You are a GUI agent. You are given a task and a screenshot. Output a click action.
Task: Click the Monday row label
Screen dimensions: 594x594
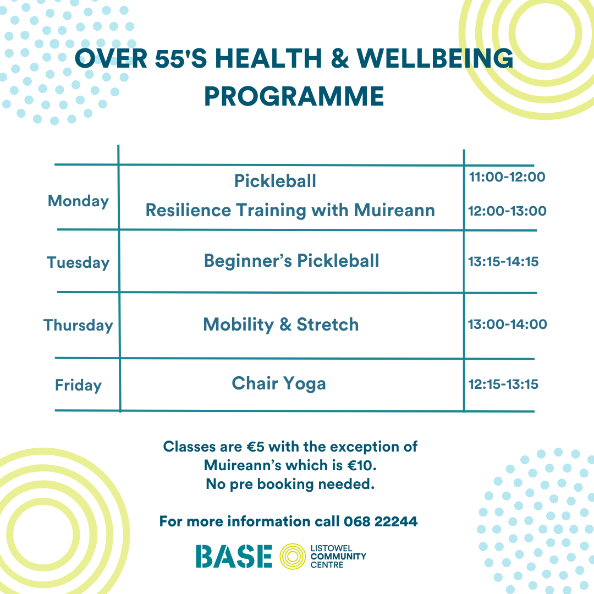coord(79,201)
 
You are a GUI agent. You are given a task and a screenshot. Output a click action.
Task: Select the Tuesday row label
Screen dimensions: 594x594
coord(78,262)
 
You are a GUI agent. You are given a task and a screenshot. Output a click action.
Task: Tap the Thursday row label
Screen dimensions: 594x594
coord(79,326)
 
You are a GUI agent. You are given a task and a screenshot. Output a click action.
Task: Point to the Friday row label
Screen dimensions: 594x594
coord(79,385)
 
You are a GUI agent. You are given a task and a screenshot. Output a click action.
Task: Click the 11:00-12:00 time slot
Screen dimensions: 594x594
coord(507,177)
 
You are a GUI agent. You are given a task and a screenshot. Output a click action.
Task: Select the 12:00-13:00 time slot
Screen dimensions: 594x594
coord(507,211)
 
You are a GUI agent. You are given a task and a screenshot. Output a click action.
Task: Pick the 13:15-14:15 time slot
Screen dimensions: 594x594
coord(503,262)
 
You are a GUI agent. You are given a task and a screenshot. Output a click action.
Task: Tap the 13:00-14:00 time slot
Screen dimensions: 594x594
coord(508,324)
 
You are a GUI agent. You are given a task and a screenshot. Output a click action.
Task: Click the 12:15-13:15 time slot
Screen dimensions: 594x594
coord(503,384)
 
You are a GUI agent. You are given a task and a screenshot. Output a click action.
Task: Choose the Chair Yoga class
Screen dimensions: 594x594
coord(279,384)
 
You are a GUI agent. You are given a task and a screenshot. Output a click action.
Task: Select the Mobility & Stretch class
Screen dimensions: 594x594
coord(280,324)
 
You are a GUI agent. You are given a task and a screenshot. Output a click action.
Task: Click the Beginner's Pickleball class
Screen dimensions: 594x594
coord(291,261)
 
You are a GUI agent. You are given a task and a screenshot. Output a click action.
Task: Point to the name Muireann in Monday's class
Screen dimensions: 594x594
coord(394,210)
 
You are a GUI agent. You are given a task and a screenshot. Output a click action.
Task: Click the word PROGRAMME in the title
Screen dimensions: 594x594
coord(294,96)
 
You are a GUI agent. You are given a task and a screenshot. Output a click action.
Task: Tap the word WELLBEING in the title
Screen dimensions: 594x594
coord(435,59)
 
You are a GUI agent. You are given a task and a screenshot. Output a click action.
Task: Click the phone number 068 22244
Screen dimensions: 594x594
coord(381,521)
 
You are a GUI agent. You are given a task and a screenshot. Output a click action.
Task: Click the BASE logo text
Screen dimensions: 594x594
coord(234,557)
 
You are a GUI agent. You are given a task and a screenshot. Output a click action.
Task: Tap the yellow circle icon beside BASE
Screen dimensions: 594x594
coord(293,557)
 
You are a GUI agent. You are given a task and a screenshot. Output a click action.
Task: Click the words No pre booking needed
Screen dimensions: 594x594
coord(290,484)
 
